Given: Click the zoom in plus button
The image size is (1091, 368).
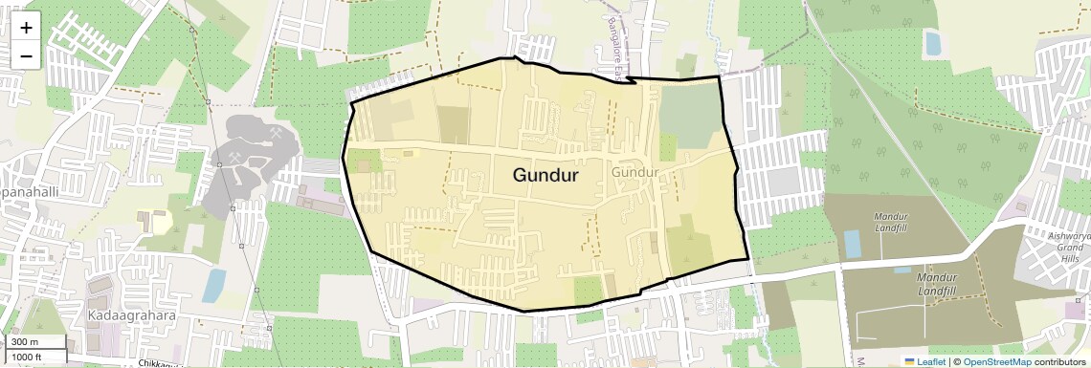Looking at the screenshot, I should (x=26, y=28).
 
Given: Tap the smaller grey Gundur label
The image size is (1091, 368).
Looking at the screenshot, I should (x=635, y=173).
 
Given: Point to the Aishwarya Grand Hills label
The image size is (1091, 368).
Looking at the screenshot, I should (x=1068, y=248).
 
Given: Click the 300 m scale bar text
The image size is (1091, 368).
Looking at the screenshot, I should (x=25, y=342).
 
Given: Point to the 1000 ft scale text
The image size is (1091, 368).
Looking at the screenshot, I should (x=28, y=357).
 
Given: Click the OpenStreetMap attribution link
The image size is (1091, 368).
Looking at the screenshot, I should (x=997, y=361).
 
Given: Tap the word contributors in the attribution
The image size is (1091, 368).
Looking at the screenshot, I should (x=1060, y=361).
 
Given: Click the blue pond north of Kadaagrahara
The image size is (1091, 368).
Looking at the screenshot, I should (x=214, y=285).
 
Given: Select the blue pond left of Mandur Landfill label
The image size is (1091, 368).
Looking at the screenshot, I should (x=852, y=245).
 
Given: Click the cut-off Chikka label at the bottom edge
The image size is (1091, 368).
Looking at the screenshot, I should (x=157, y=363).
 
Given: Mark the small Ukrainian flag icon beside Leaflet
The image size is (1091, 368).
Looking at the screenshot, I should (x=909, y=361).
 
